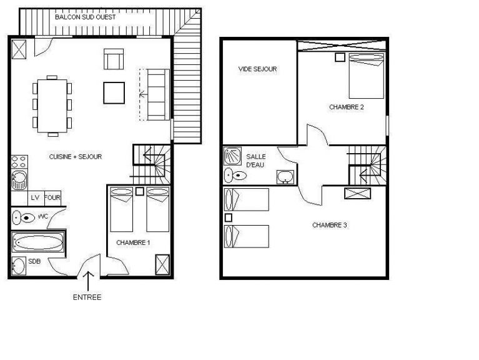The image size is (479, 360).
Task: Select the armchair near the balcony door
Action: [113, 59]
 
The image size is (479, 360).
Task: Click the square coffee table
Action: [114, 92]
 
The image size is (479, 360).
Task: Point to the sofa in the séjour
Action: [156, 94]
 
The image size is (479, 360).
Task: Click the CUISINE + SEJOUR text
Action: [76, 157]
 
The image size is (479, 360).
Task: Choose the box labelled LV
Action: [35, 197]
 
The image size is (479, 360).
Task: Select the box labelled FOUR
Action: [52, 197]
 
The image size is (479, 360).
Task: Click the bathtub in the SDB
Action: [37, 242]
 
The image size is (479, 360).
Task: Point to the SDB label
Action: [34, 262]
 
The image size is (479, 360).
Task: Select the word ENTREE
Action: [87, 297]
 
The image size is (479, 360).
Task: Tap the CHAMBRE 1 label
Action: [133, 242]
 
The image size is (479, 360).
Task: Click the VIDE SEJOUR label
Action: [257, 69]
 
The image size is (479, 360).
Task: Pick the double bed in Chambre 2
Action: [367, 75]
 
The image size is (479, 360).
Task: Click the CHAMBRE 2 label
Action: [347, 107]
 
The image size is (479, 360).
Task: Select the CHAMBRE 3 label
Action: [330, 225]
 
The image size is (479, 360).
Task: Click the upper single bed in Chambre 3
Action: [247, 199]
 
